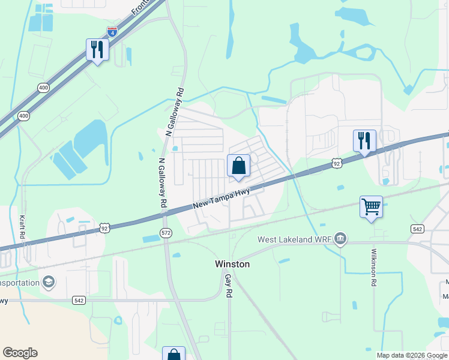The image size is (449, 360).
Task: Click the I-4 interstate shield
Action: pos(112,31)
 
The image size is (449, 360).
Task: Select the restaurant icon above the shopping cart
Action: pos(364,141)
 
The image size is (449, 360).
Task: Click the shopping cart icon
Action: pos(372,207)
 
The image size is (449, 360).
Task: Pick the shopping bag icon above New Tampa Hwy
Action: pos(238,166)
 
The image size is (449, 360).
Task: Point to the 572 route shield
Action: pos(166,232)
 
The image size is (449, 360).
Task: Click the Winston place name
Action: pos(232,264)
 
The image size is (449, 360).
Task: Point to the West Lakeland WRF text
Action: pos(294,239)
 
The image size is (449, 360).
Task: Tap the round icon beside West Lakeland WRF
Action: pos(340,239)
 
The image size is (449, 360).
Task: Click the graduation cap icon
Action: pos(48,282)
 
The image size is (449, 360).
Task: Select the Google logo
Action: pos(20,353)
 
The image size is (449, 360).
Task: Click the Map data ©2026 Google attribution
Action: pos(412,355)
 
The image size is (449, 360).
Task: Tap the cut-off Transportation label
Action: pos(19,283)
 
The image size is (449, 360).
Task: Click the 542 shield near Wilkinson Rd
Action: pos(417,229)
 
